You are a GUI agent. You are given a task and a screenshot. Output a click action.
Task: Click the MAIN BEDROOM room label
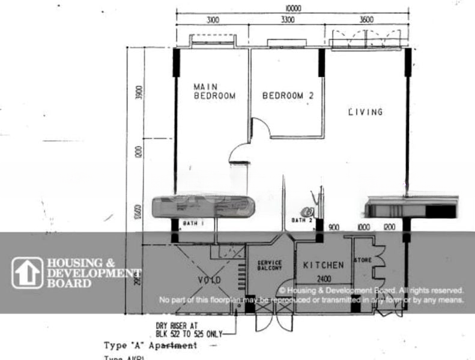[214, 91]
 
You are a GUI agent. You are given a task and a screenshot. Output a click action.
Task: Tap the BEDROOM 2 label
[288, 95]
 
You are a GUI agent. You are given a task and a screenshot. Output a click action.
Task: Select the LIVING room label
[366, 112]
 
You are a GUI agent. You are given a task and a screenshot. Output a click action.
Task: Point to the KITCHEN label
[323, 265]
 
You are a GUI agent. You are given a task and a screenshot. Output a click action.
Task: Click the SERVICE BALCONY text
[270, 266]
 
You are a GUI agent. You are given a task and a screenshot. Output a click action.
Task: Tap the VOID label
[210, 280]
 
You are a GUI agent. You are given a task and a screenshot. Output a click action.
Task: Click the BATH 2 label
[302, 220]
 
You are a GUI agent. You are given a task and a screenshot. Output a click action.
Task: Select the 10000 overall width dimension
[294, 8]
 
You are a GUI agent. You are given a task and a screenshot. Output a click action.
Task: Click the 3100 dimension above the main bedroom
[212, 20]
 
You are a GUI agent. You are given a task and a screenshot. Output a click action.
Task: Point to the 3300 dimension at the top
[287, 20]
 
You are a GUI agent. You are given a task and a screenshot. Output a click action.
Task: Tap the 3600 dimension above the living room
[366, 20]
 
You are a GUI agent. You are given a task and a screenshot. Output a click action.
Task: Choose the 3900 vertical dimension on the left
[139, 94]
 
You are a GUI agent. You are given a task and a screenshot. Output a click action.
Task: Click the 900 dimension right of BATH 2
[334, 227]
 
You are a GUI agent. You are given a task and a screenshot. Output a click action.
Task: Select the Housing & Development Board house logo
[28, 273]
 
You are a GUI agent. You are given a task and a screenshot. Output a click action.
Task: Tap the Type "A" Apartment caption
[150, 346]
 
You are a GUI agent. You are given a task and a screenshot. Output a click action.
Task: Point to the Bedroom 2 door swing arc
[259, 127]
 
